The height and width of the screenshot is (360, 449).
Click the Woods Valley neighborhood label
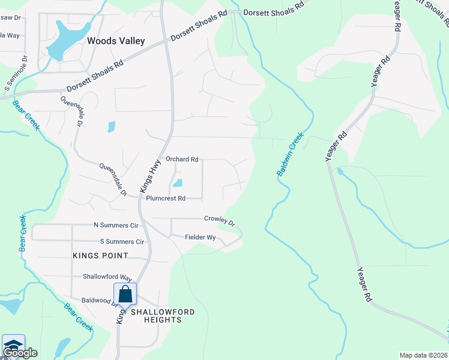tap(116, 41)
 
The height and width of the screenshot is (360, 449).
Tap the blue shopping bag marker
tap(125, 295)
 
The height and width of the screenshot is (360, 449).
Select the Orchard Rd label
tap(182, 160)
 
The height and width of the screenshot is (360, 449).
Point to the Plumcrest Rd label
tap(166, 198)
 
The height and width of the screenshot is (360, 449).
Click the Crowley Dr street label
tap(219, 220)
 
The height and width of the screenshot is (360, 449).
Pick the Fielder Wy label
tap(200, 238)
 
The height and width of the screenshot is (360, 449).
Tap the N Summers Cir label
tap(116, 226)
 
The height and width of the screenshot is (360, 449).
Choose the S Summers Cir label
tap(122, 242)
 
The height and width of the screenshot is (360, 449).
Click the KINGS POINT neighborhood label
tap(100, 256)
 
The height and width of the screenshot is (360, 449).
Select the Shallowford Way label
tap(107, 277)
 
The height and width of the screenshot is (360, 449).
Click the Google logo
tap(19, 353)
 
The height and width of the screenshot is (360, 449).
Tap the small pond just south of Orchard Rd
tap(178, 183)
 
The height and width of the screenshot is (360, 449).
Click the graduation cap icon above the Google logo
tap(13, 344)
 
